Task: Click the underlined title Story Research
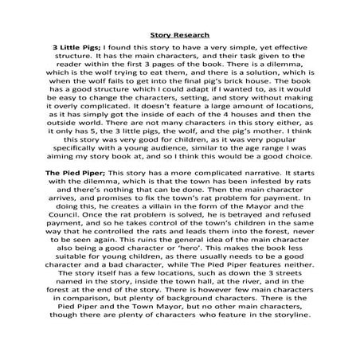click(x=179, y=35)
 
